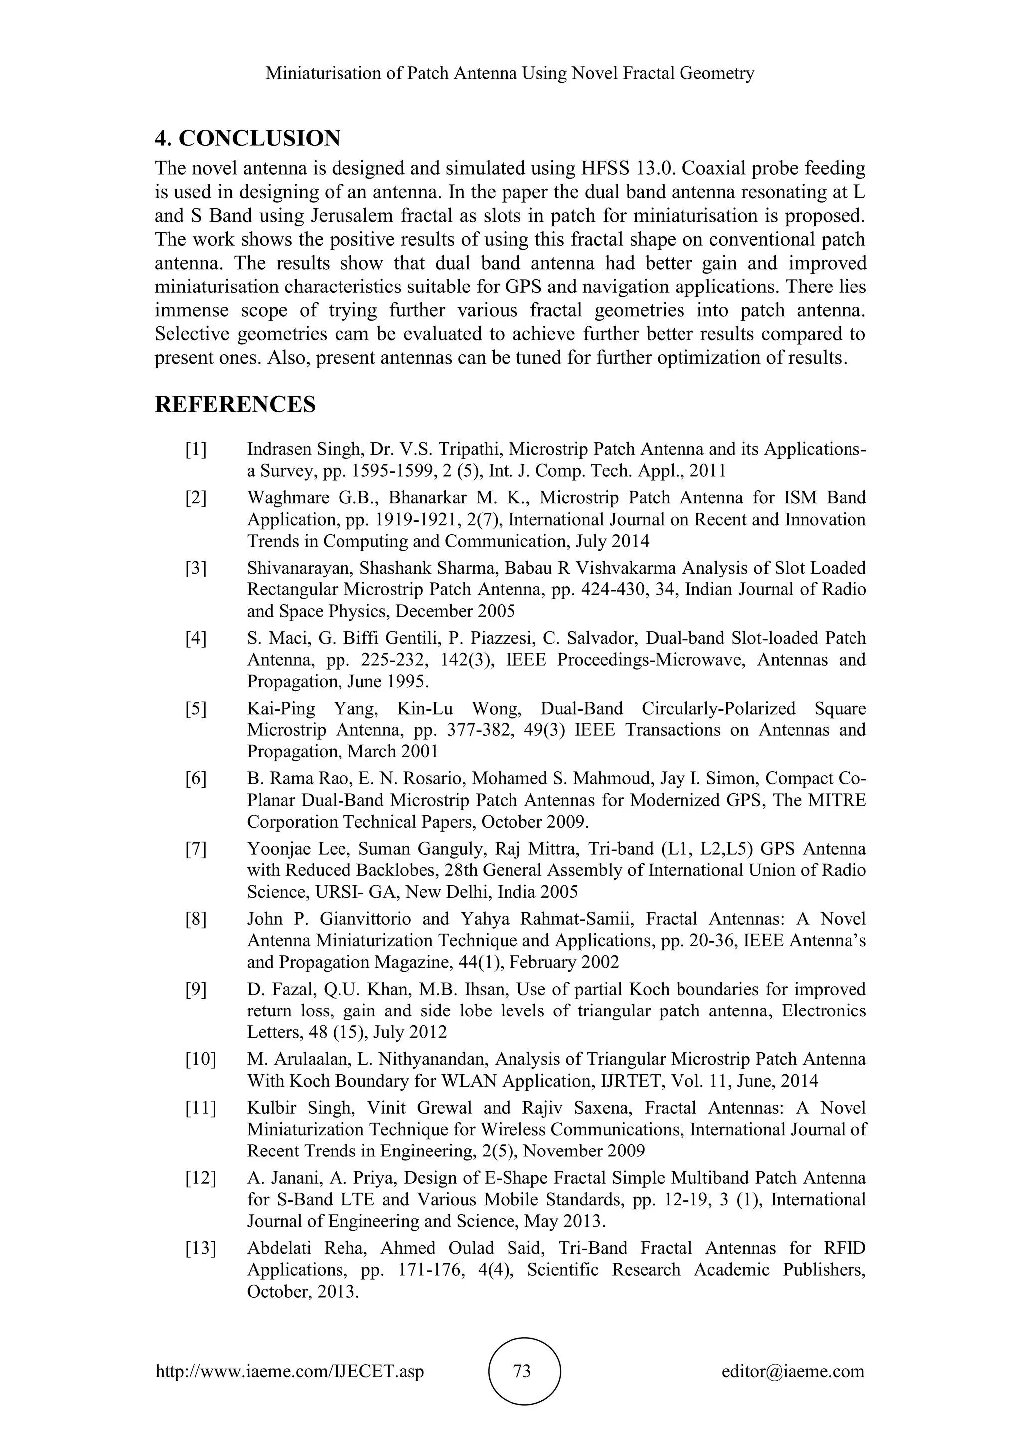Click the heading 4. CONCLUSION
click(247, 138)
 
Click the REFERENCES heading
click(235, 404)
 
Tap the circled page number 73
click(522, 1371)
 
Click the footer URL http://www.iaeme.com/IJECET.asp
click(289, 1371)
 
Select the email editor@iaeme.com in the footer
click(793, 1371)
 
